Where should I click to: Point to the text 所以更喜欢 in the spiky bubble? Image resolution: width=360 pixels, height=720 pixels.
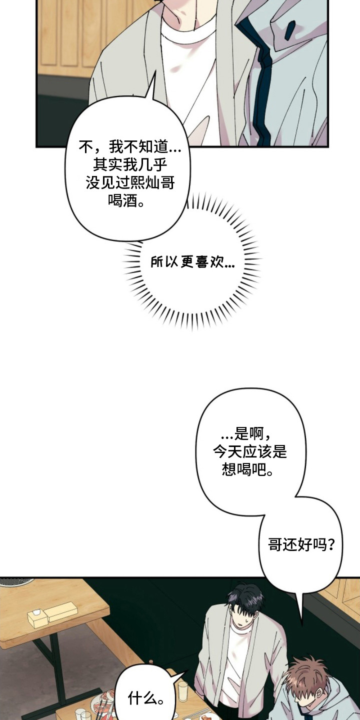coord(188,261)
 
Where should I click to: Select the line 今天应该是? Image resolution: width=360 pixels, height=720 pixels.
coord(250,451)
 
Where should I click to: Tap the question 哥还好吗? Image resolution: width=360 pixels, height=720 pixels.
coord(301,544)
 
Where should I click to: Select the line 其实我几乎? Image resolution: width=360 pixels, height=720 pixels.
coord(130,165)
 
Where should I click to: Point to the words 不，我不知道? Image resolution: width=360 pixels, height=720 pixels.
coord(124,147)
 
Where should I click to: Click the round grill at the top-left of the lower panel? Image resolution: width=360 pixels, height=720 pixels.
coord(16,581)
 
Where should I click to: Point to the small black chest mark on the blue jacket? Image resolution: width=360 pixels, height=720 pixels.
coord(290,30)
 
